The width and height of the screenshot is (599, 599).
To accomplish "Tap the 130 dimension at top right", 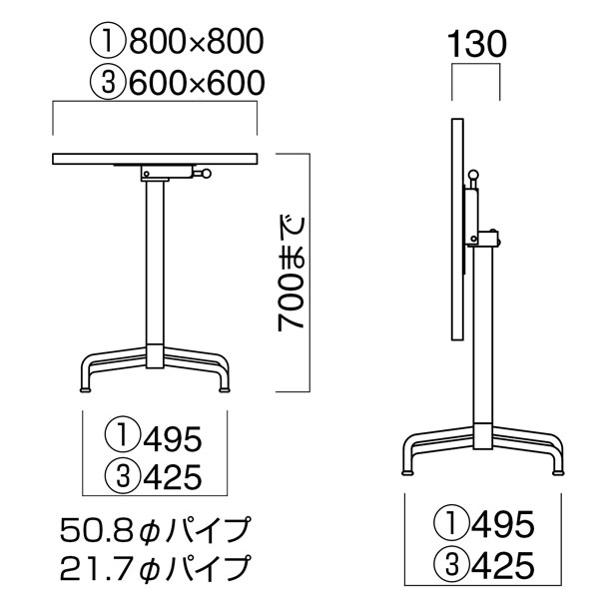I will point(474,45).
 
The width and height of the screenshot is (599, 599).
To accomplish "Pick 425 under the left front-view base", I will point(173,477).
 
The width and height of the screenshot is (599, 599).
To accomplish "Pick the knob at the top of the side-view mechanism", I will point(473,178).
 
